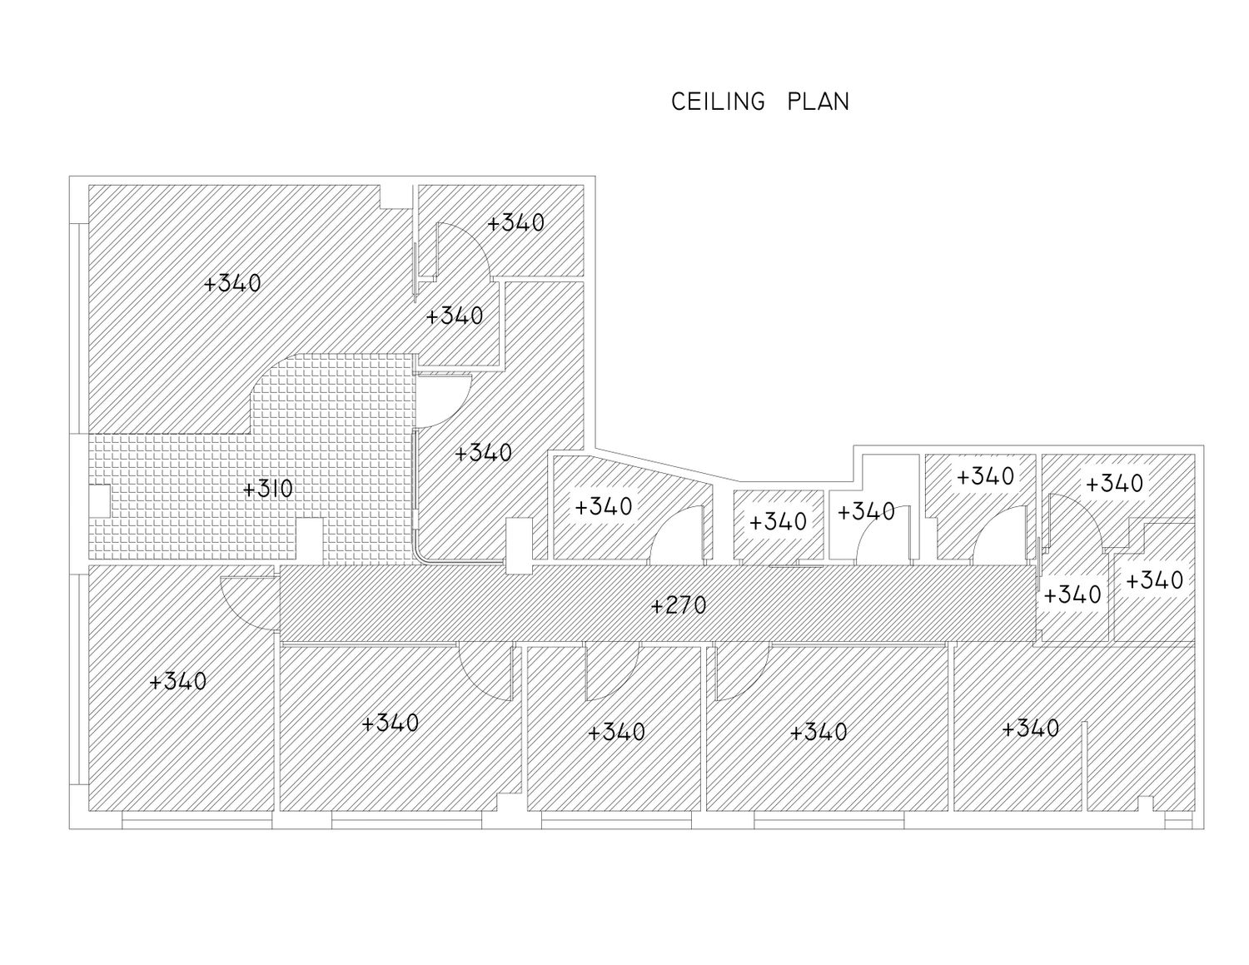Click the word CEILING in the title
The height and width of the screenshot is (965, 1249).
click(x=718, y=102)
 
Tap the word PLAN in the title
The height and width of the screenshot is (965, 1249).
click(x=818, y=102)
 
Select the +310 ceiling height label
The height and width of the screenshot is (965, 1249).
click(x=268, y=489)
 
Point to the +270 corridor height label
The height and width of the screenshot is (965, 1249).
click(x=679, y=605)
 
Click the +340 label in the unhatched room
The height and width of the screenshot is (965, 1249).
click(x=866, y=511)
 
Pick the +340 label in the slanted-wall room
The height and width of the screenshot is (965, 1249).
click(x=604, y=506)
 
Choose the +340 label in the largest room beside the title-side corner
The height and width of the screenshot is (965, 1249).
click(x=232, y=283)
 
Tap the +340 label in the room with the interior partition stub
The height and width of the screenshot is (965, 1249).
click(x=1031, y=729)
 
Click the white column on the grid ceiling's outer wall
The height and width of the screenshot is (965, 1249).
click(x=99, y=500)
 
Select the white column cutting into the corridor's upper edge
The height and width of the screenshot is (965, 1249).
click(x=519, y=546)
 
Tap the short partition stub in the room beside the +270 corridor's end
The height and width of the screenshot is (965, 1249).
click(x=1084, y=766)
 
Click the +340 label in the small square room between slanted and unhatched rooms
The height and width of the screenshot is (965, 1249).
click(x=779, y=521)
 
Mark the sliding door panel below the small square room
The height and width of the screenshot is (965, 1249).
click(x=796, y=566)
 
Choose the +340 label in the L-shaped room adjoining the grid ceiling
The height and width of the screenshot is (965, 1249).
click(x=484, y=452)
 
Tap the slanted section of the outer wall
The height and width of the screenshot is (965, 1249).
click(x=667, y=464)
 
